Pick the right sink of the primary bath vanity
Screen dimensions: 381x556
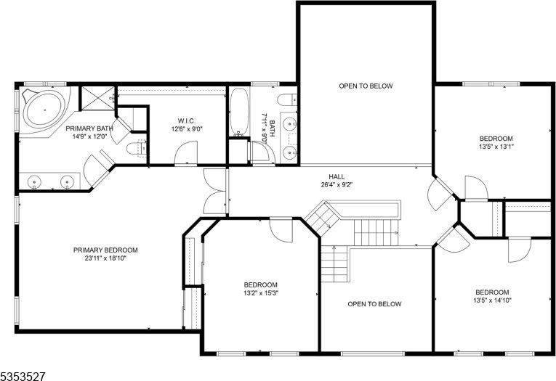pos(68,182)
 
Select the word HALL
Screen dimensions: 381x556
pos(337,176)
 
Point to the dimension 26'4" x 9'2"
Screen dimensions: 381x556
pos(337,184)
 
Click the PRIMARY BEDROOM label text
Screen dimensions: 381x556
pos(105,250)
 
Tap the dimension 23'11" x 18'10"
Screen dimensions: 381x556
pos(105,258)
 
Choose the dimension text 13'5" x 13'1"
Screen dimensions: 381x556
pos(496,147)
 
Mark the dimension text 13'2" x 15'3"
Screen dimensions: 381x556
pos(260,293)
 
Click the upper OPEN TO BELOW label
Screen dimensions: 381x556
pos(366,86)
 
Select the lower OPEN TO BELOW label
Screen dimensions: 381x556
pos(374,304)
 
